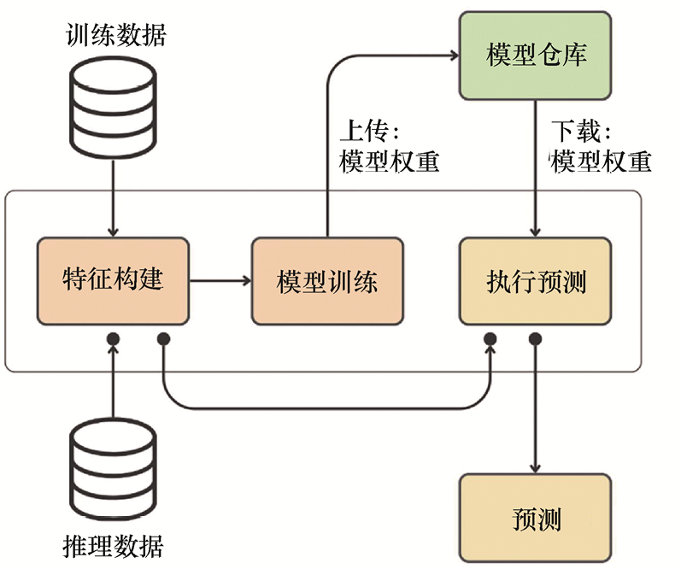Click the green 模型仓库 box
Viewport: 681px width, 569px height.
click(536, 56)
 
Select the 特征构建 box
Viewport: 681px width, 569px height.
click(114, 281)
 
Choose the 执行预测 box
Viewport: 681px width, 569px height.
click(536, 281)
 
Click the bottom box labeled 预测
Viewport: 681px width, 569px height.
click(536, 517)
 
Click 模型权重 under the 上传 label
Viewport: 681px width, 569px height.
click(389, 161)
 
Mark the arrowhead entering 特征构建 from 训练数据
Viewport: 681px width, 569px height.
click(113, 232)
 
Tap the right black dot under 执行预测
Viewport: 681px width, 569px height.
click(536, 339)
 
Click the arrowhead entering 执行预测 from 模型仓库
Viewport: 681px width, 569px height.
click(536, 232)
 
